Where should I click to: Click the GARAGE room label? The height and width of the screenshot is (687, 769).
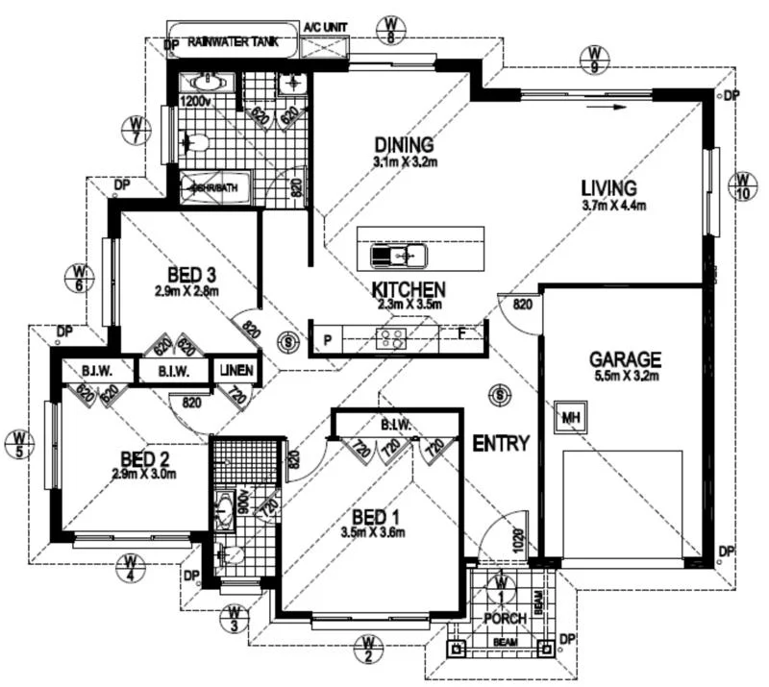point(625,360)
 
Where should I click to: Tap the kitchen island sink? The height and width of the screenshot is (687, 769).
point(400,256)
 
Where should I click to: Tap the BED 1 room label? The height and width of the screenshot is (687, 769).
point(377,514)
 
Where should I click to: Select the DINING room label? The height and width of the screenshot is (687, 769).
point(406,145)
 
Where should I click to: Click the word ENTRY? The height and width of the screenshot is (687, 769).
point(501,444)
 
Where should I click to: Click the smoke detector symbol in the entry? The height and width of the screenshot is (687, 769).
point(498,393)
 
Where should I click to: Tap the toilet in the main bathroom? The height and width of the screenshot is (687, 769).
point(196,144)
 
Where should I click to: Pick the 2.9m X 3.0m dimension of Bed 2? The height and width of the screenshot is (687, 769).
point(144,474)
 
